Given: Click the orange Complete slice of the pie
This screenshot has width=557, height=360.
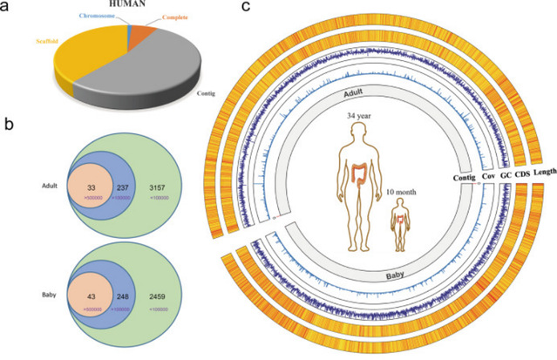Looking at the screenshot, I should pos(139,35).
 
